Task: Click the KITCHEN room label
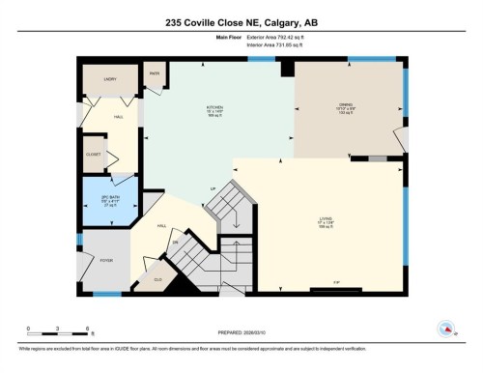coord(214,107)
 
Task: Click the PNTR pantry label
coord(155,73)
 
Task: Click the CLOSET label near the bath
coord(93,153)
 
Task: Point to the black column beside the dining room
coord(286,68)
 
